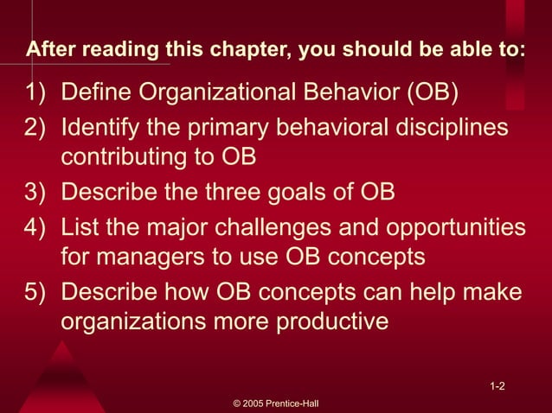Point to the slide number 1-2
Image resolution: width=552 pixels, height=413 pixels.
[x=497, y=386]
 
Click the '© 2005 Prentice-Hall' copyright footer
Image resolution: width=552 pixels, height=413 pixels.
[x=277, y=403]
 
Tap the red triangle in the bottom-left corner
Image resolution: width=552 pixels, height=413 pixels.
[x=61, y=380]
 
